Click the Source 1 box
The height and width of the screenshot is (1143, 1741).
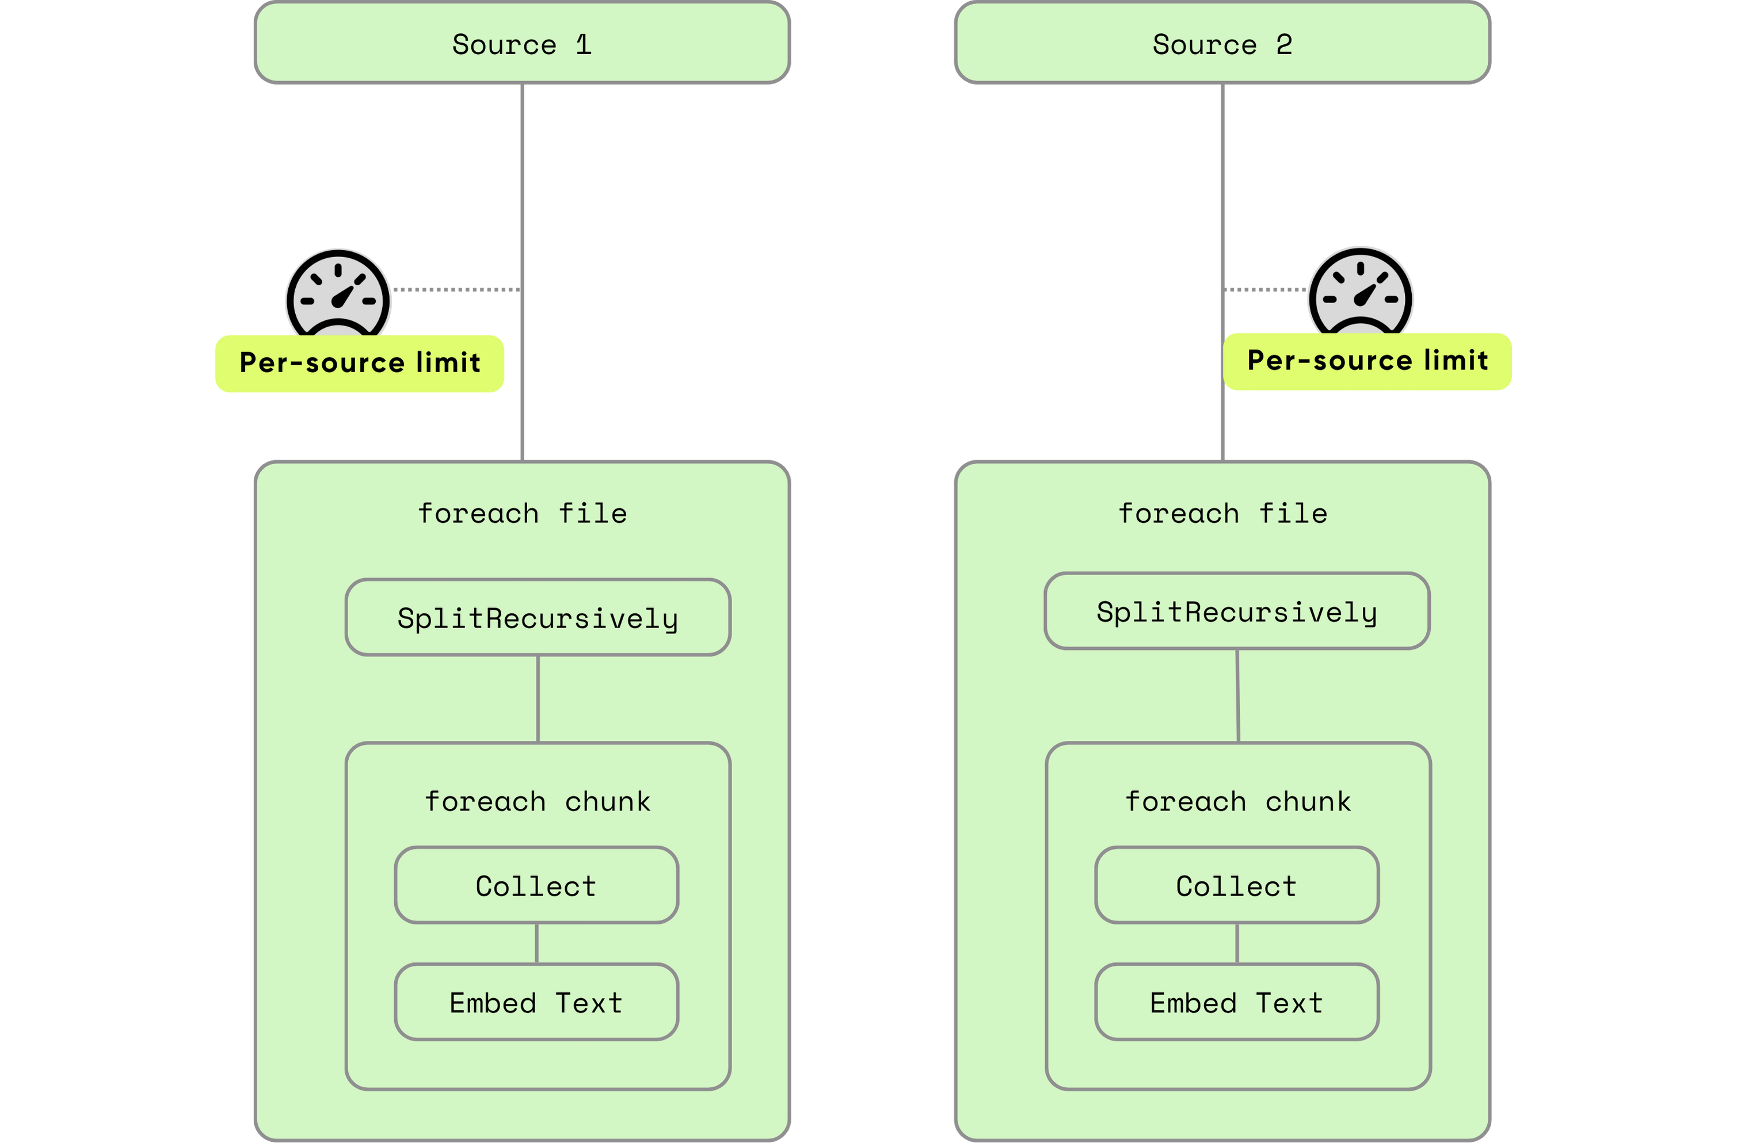[523, 44]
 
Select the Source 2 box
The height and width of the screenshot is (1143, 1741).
[1222, 44]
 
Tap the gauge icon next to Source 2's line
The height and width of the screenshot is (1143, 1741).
[1360, 293]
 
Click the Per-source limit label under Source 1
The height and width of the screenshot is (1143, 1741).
[359, 364]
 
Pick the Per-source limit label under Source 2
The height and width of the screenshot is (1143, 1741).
[1367, 361]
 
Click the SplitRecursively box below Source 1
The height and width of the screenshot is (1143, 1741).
[538, 618]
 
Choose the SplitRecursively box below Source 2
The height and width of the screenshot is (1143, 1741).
[1237, 611]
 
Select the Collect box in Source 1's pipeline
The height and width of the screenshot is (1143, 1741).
[536, 886]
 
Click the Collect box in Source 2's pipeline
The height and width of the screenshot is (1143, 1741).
[1236, 886]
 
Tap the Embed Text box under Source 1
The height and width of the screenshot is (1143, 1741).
[536, 1003]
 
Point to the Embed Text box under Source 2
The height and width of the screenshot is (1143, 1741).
[1236, 1003]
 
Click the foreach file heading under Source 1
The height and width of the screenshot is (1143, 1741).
[523, 513]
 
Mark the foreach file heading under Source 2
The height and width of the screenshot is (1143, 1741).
[1222, 513]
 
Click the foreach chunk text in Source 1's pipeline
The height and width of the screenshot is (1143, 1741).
[538, 801]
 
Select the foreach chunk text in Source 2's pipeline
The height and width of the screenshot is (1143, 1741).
[1238, 801]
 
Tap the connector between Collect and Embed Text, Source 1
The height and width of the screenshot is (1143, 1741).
[536, 943]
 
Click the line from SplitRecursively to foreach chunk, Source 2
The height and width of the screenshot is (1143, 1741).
[1238, 695]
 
